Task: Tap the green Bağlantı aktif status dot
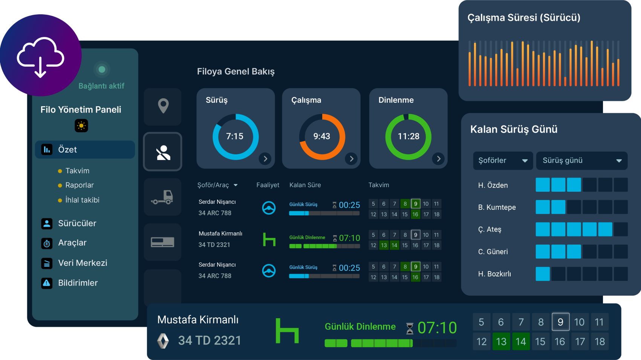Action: [102, 69]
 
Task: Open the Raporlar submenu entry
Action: [79, 185]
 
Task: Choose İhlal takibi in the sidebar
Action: [82, 200]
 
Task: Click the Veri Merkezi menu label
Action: [83, 263]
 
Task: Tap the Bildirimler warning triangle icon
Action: [47, 283]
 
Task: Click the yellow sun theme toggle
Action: [81, 126]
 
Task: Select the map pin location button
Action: [163, 106]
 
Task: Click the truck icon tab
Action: [163, 197]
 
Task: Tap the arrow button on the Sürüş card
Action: [265, 159]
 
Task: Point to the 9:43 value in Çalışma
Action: [321, 136]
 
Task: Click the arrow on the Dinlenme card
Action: [438, 159]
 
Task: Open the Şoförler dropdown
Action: [503, 160]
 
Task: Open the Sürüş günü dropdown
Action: [581, 160]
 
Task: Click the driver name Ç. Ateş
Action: [490, 229]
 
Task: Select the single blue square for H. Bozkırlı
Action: [543, 274]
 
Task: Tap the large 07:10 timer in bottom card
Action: [437, 328]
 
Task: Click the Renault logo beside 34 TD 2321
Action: [163, 341]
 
